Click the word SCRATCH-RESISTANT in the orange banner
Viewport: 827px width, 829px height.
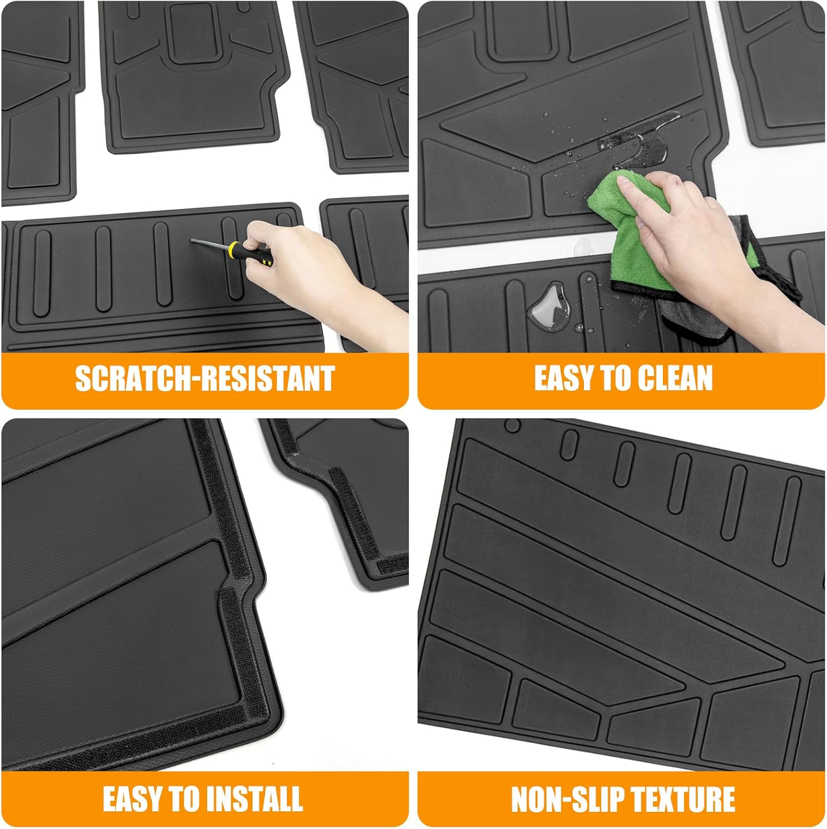204,379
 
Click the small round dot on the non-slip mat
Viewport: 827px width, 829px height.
513,426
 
